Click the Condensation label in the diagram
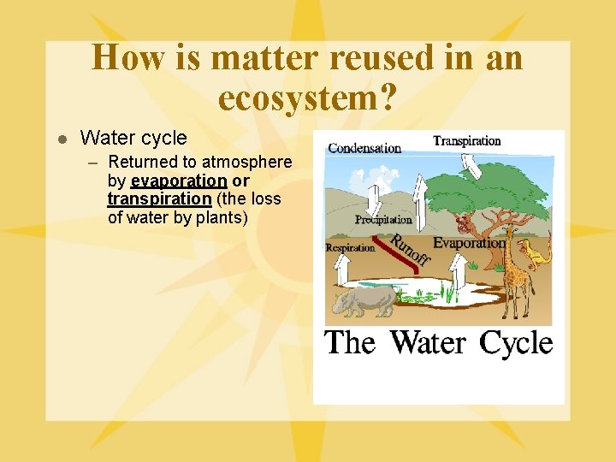(364, 148)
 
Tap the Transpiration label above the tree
(466, 141)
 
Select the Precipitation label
(383, 220)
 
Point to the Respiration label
(350, 248)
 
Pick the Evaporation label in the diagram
(469, 243)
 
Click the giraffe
(516, 274)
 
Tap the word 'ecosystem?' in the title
(307, 98)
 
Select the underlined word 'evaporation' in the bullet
(179, 181)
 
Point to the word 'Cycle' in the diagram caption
(516, 343)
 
